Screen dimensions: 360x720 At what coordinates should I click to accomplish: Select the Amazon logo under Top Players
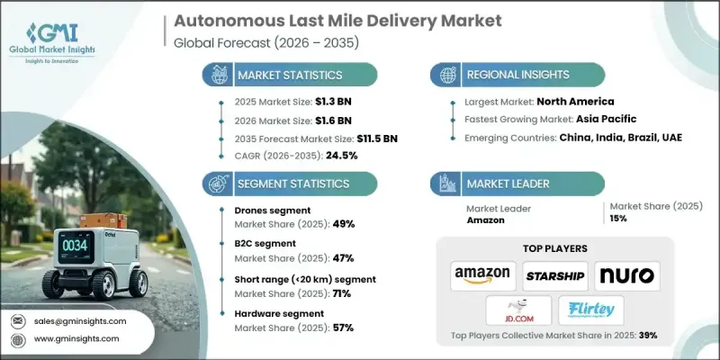tap(483, 274)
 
